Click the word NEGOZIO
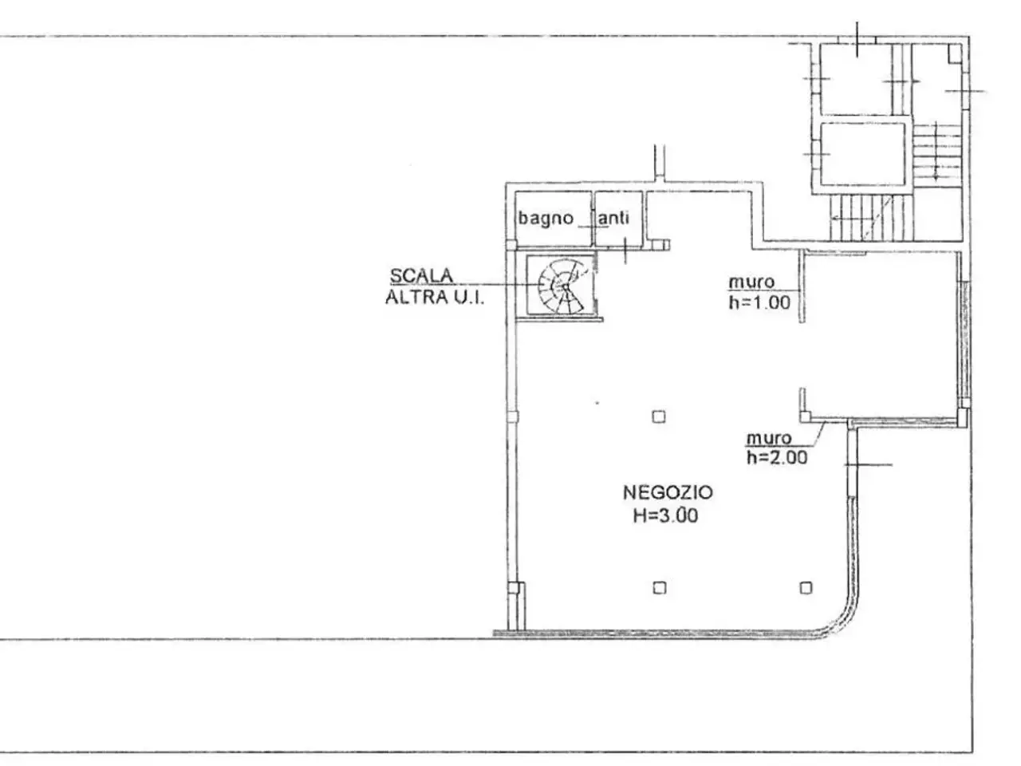(x=668, y=492)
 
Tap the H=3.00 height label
(x=665, y=515)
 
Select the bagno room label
(x=546, y=219)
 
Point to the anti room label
(x=613, y=218)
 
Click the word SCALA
(x=421, y=276)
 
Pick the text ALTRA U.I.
(x=435, y=297)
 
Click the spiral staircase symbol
(x=561, y=286)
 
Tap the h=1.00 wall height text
(x=759, y=302)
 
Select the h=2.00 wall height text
(x=777, y=458)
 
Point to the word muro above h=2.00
(x=769, y=438)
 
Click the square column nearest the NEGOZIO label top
(x=659, y=417)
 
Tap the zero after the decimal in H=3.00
(x=680, y=516)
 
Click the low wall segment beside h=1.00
(x=802, y=286)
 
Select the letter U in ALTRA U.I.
(x=460, y=297)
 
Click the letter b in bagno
(x=523, y=218)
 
